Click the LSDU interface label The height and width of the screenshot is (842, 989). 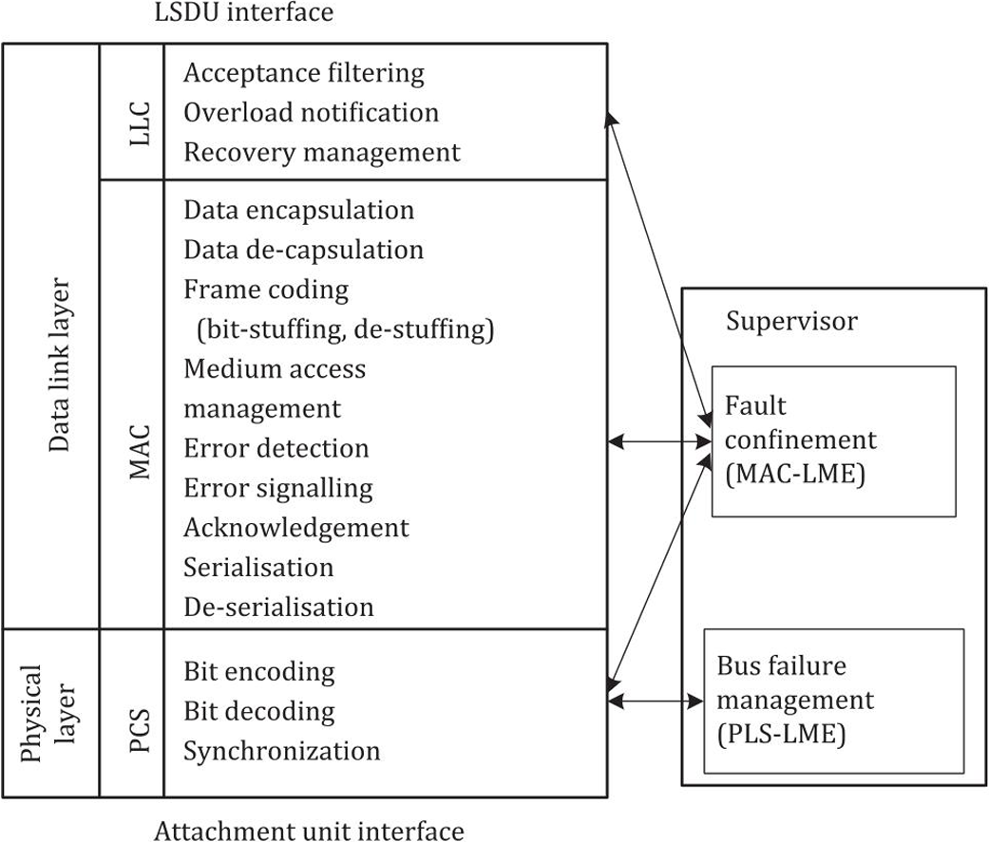pyautogui.click(x=244, y=12)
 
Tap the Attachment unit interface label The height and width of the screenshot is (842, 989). pyautogui.click(x=309, y=831)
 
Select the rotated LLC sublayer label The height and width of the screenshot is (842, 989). pyautogui.click(x=140, y=123)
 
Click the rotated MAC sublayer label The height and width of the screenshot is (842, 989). pyautogui.click(x=140, y=451)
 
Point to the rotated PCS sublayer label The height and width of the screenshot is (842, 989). pyautogui.click(x=140, y=730)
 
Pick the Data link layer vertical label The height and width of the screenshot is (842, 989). pyautogui.click(x=59, y=365)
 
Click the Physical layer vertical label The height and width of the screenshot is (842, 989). pyautogui.click(x=48, y=713)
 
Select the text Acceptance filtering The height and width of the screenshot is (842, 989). pyautogui.click(x=304, y=73)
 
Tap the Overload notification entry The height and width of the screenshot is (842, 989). pyautogui.click(x=311, y=113)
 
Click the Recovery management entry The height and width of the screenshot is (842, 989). pyautogui.click(x=322, y=153)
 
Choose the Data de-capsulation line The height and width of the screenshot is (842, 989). pyautogui.click(x=303, y=251)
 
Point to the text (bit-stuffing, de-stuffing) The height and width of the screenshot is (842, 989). pyautogui.click(x=345, y=329)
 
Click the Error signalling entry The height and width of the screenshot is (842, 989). pyautogui.click(x=278, y=489)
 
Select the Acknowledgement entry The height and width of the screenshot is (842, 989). pyautogui.click(x=296, y=528)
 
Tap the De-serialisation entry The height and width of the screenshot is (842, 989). pyautogui.click(x=278, y=608)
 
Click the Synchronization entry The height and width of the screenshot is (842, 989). pyautogui.click(x=282, y=751)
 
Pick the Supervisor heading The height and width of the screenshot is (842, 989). pyautogui.click(x=791, y=322)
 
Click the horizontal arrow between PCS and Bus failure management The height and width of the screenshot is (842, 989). pyautogui.click(x=656, y=701)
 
